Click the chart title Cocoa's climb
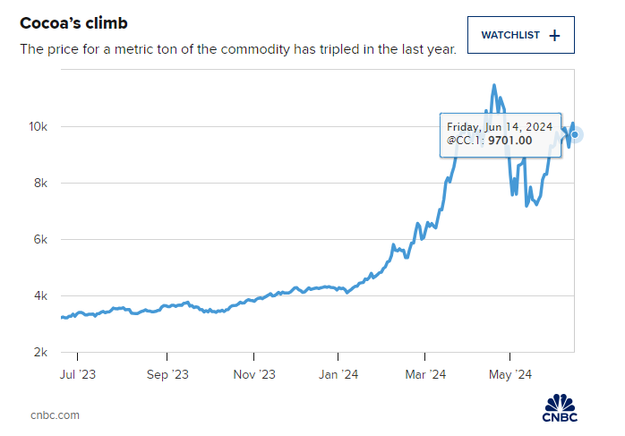73,21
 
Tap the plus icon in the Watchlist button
554,36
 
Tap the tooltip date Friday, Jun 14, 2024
499,126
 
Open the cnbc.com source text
55,415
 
